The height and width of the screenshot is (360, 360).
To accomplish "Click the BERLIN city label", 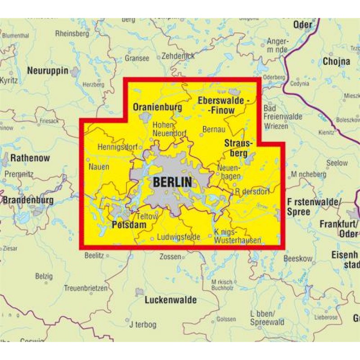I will click(172, 182).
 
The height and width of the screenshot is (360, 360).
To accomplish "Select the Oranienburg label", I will click(157, 107).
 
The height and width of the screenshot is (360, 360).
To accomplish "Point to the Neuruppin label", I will click(47, 71).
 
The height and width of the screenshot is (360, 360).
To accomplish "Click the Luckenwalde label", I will click(171, 300).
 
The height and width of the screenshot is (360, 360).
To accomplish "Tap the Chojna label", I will click(336, 61).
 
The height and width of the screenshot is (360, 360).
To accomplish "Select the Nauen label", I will click(99, 166).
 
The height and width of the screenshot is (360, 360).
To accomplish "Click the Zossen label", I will click(170, 257).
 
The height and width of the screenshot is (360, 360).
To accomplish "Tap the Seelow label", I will click(337, 163).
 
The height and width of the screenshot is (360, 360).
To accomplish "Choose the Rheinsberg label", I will click(72, 33).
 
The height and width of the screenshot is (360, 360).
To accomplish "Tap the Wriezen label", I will click(277, 126).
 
